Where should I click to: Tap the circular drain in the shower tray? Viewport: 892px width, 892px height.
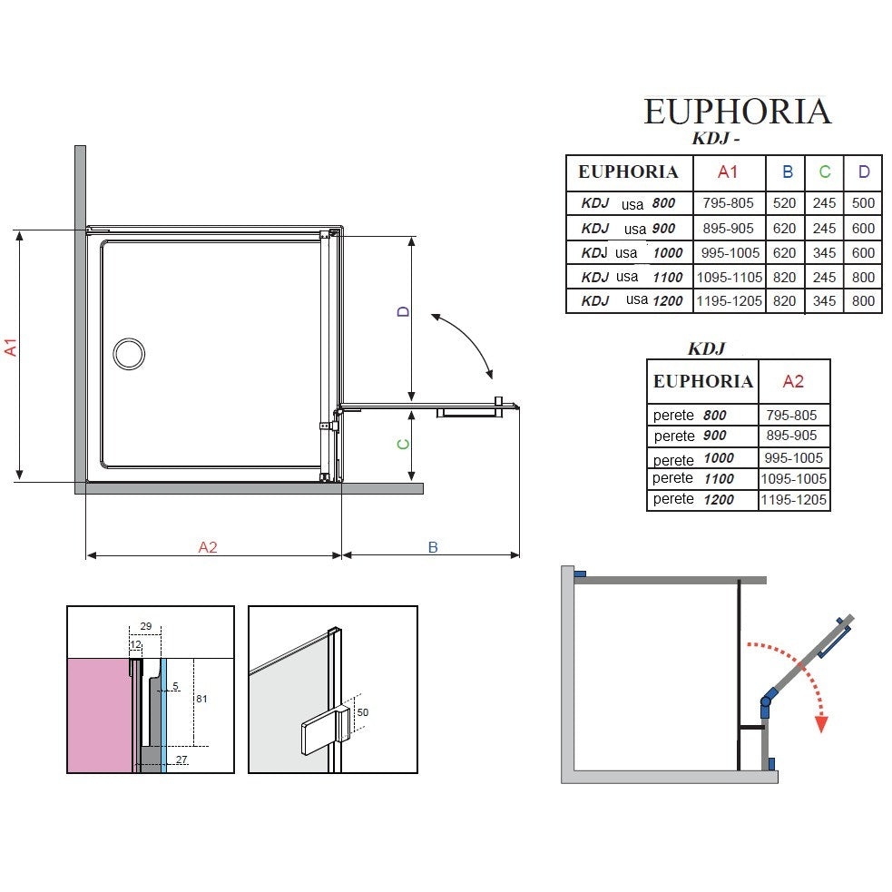129,353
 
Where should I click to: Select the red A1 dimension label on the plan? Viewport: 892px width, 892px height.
11,347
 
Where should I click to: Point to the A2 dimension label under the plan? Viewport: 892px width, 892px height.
208,547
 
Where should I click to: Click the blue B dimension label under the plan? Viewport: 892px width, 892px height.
433,547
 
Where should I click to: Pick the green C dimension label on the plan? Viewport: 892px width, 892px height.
403,445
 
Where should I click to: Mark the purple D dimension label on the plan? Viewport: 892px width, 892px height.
403,311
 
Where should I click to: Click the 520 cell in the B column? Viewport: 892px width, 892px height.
785,203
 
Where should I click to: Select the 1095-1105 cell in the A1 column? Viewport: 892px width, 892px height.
730,278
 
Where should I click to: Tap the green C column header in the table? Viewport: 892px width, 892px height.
824,172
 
